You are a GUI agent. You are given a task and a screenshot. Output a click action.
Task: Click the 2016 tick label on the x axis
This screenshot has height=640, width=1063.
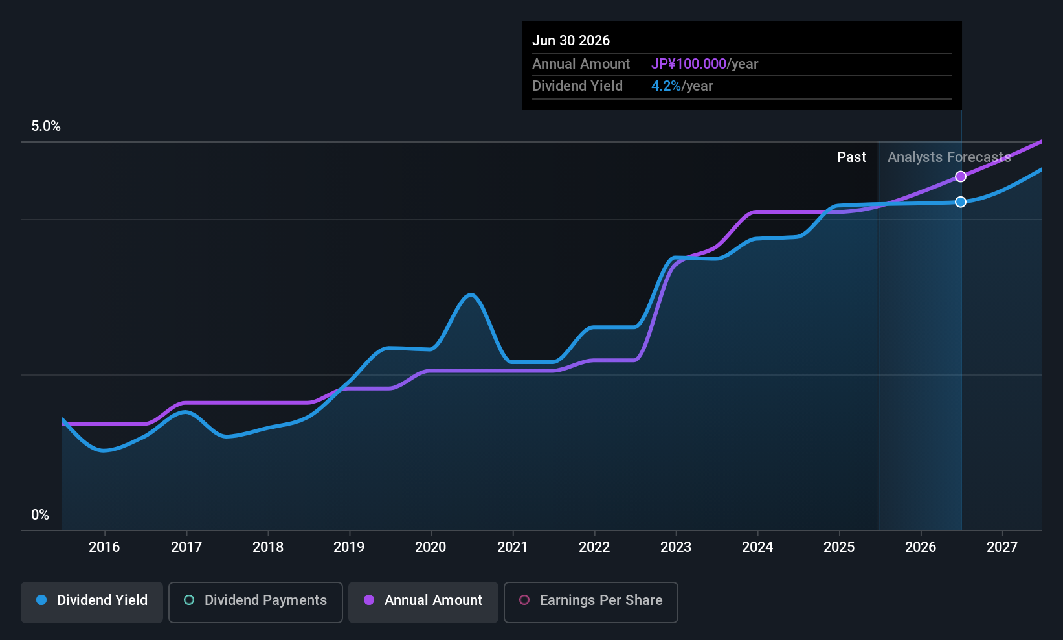coord(104,547)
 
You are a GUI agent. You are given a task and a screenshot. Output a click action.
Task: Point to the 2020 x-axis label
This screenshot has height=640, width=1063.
coord(431,547)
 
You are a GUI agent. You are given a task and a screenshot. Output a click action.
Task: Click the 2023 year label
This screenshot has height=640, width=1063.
coord(676,547)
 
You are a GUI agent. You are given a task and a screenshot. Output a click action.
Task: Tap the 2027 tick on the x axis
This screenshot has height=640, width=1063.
coord(1002,547)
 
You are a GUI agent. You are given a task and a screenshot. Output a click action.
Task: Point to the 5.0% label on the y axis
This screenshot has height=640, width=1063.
coord(46,126)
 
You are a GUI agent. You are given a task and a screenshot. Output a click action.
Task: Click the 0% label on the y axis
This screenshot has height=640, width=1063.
coord(40,515)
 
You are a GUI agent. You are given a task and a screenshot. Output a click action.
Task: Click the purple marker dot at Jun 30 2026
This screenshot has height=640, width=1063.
coord(961,177)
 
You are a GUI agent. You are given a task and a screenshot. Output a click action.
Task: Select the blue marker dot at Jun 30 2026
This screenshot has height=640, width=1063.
coord(961,202)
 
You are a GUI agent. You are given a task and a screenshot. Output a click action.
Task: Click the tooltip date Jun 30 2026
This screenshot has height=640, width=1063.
coord(571,41)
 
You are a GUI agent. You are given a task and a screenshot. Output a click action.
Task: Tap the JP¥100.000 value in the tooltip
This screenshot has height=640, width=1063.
coord(689,64)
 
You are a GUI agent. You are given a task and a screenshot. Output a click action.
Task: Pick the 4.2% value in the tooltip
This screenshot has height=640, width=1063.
coord(666,86)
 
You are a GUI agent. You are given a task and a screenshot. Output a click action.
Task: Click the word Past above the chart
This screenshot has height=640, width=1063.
coord(851,157)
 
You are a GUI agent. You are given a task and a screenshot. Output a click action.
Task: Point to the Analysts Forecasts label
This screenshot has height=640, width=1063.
coord(949,157)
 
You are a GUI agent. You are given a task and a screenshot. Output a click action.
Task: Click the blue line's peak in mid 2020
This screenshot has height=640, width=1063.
coord(471,295)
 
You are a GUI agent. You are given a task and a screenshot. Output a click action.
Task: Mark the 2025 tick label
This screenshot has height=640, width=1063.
coord(839,547)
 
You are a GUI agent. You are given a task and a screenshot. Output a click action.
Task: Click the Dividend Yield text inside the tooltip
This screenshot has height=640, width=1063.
coord(577,86)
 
